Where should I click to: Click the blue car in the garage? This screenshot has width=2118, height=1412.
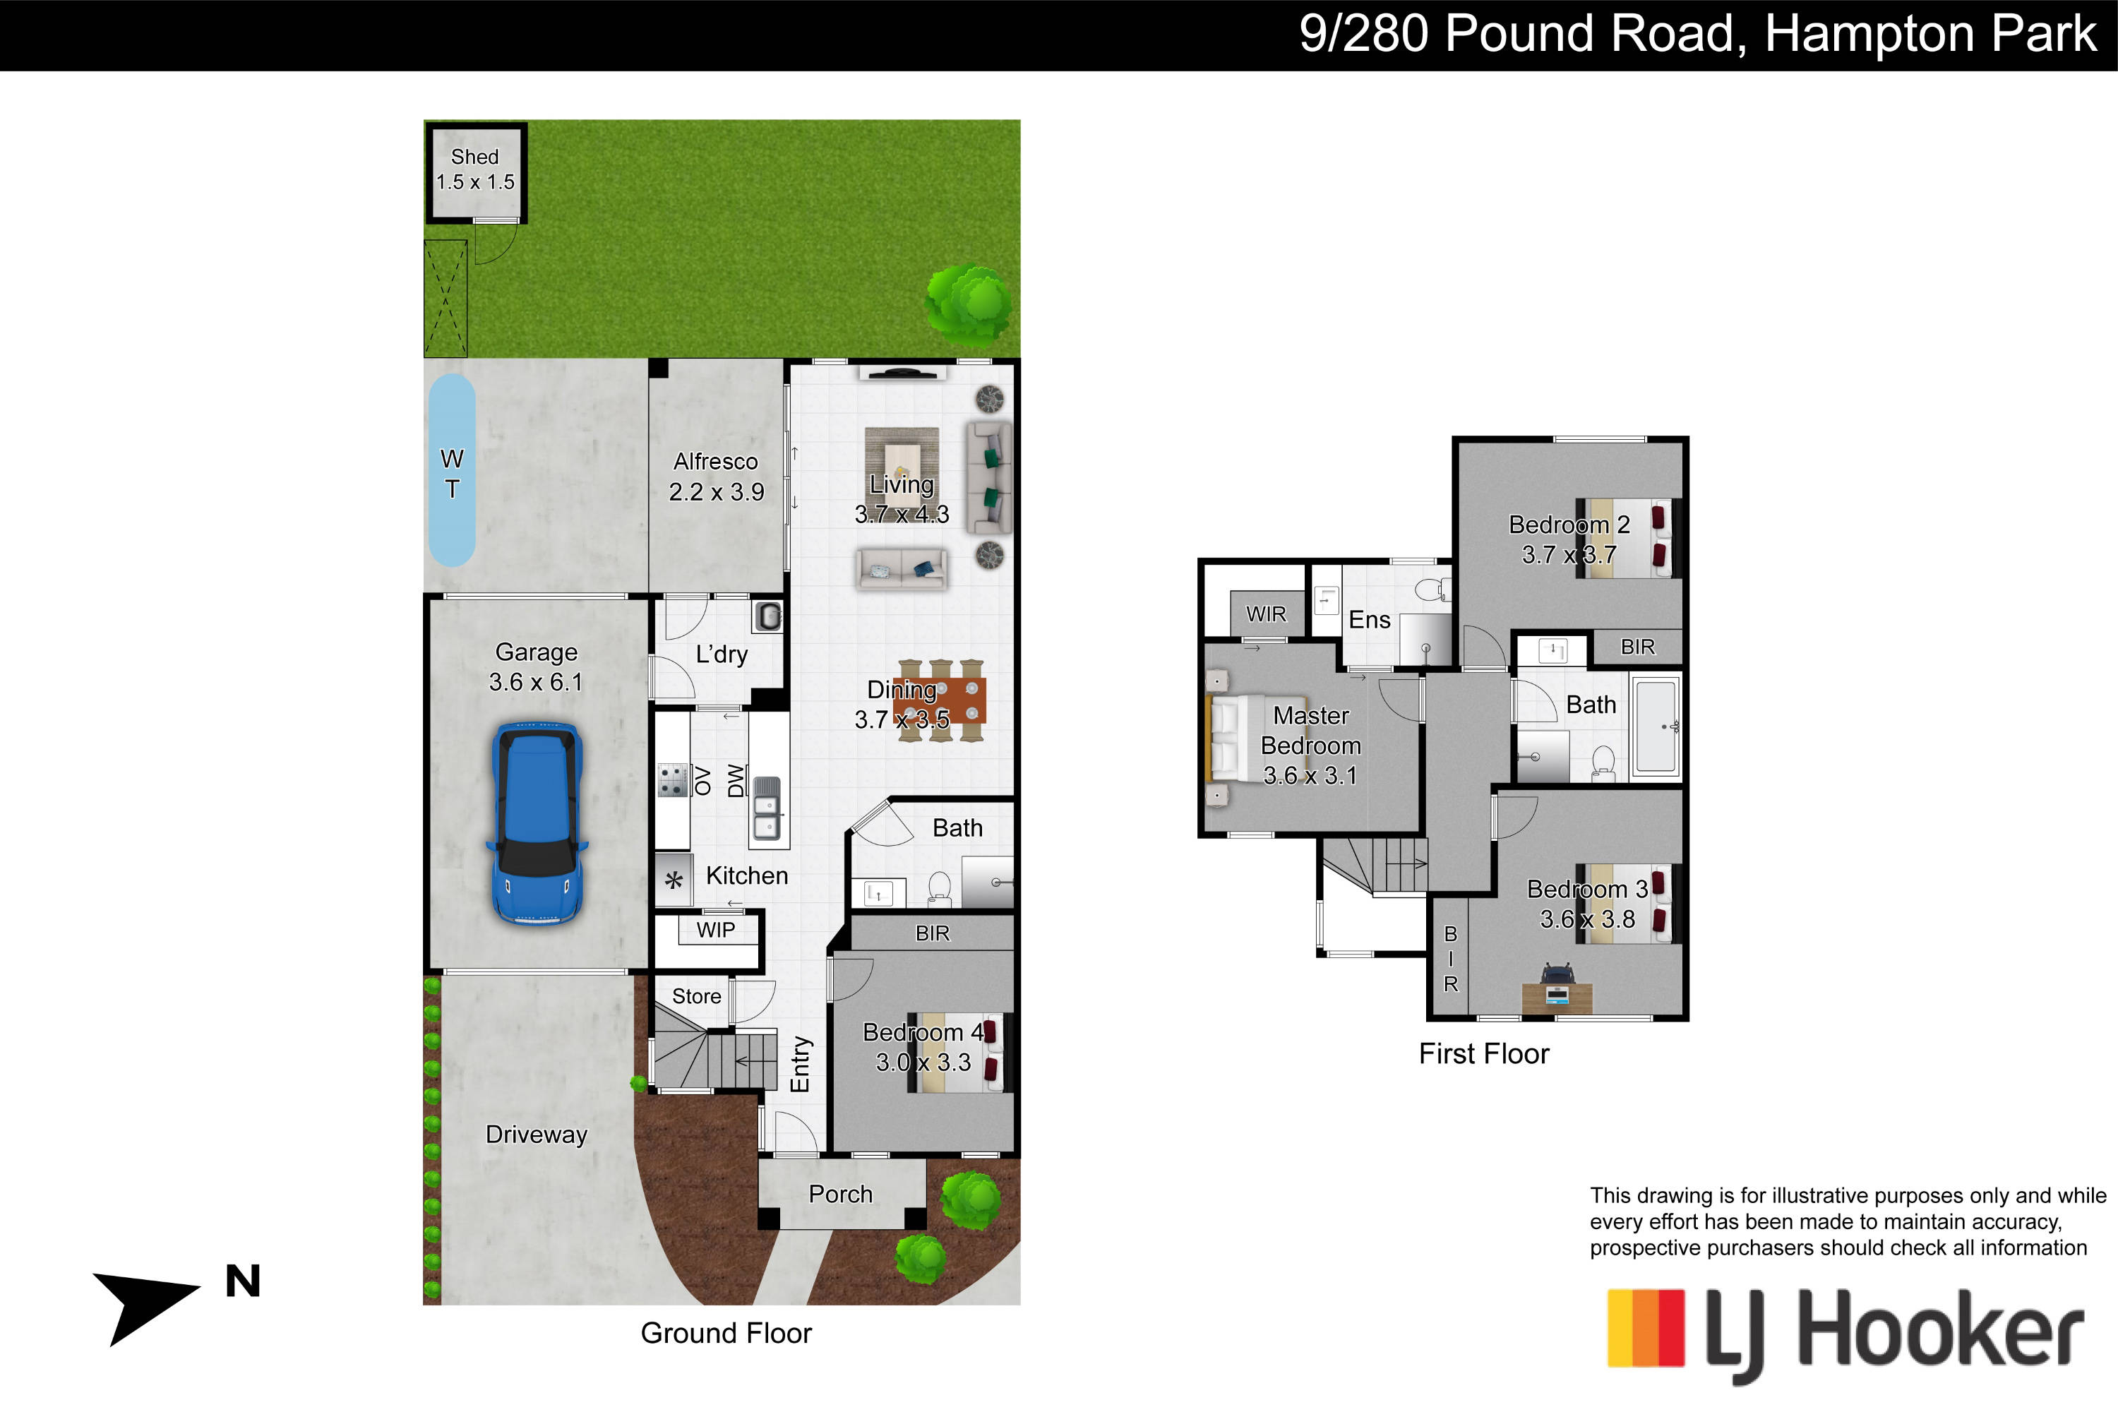(x=537, y=823)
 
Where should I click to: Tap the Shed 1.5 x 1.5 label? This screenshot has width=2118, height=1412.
(x=475, y=169)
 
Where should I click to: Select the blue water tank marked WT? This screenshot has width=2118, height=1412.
(x=451, y=471)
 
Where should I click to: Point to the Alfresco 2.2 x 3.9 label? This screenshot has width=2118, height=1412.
(x=716, y=477)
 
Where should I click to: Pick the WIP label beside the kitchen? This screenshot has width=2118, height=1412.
(x=716, y=931)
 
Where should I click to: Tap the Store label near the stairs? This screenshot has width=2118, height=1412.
(x=696, y=996)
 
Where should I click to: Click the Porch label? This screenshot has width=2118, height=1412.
(x=840, y=1194)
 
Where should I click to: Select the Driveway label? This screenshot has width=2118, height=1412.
(x=537, y=1135)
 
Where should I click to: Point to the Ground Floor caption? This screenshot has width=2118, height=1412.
(x=726, y=1333)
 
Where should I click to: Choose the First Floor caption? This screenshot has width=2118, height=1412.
(x=1484, y=1053)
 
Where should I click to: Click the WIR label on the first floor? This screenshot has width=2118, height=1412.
(x=1266, y=614)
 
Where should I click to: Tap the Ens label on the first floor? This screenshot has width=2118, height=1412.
(x=1369, y=620)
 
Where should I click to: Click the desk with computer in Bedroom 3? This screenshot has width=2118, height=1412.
(x=1557, y=991)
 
